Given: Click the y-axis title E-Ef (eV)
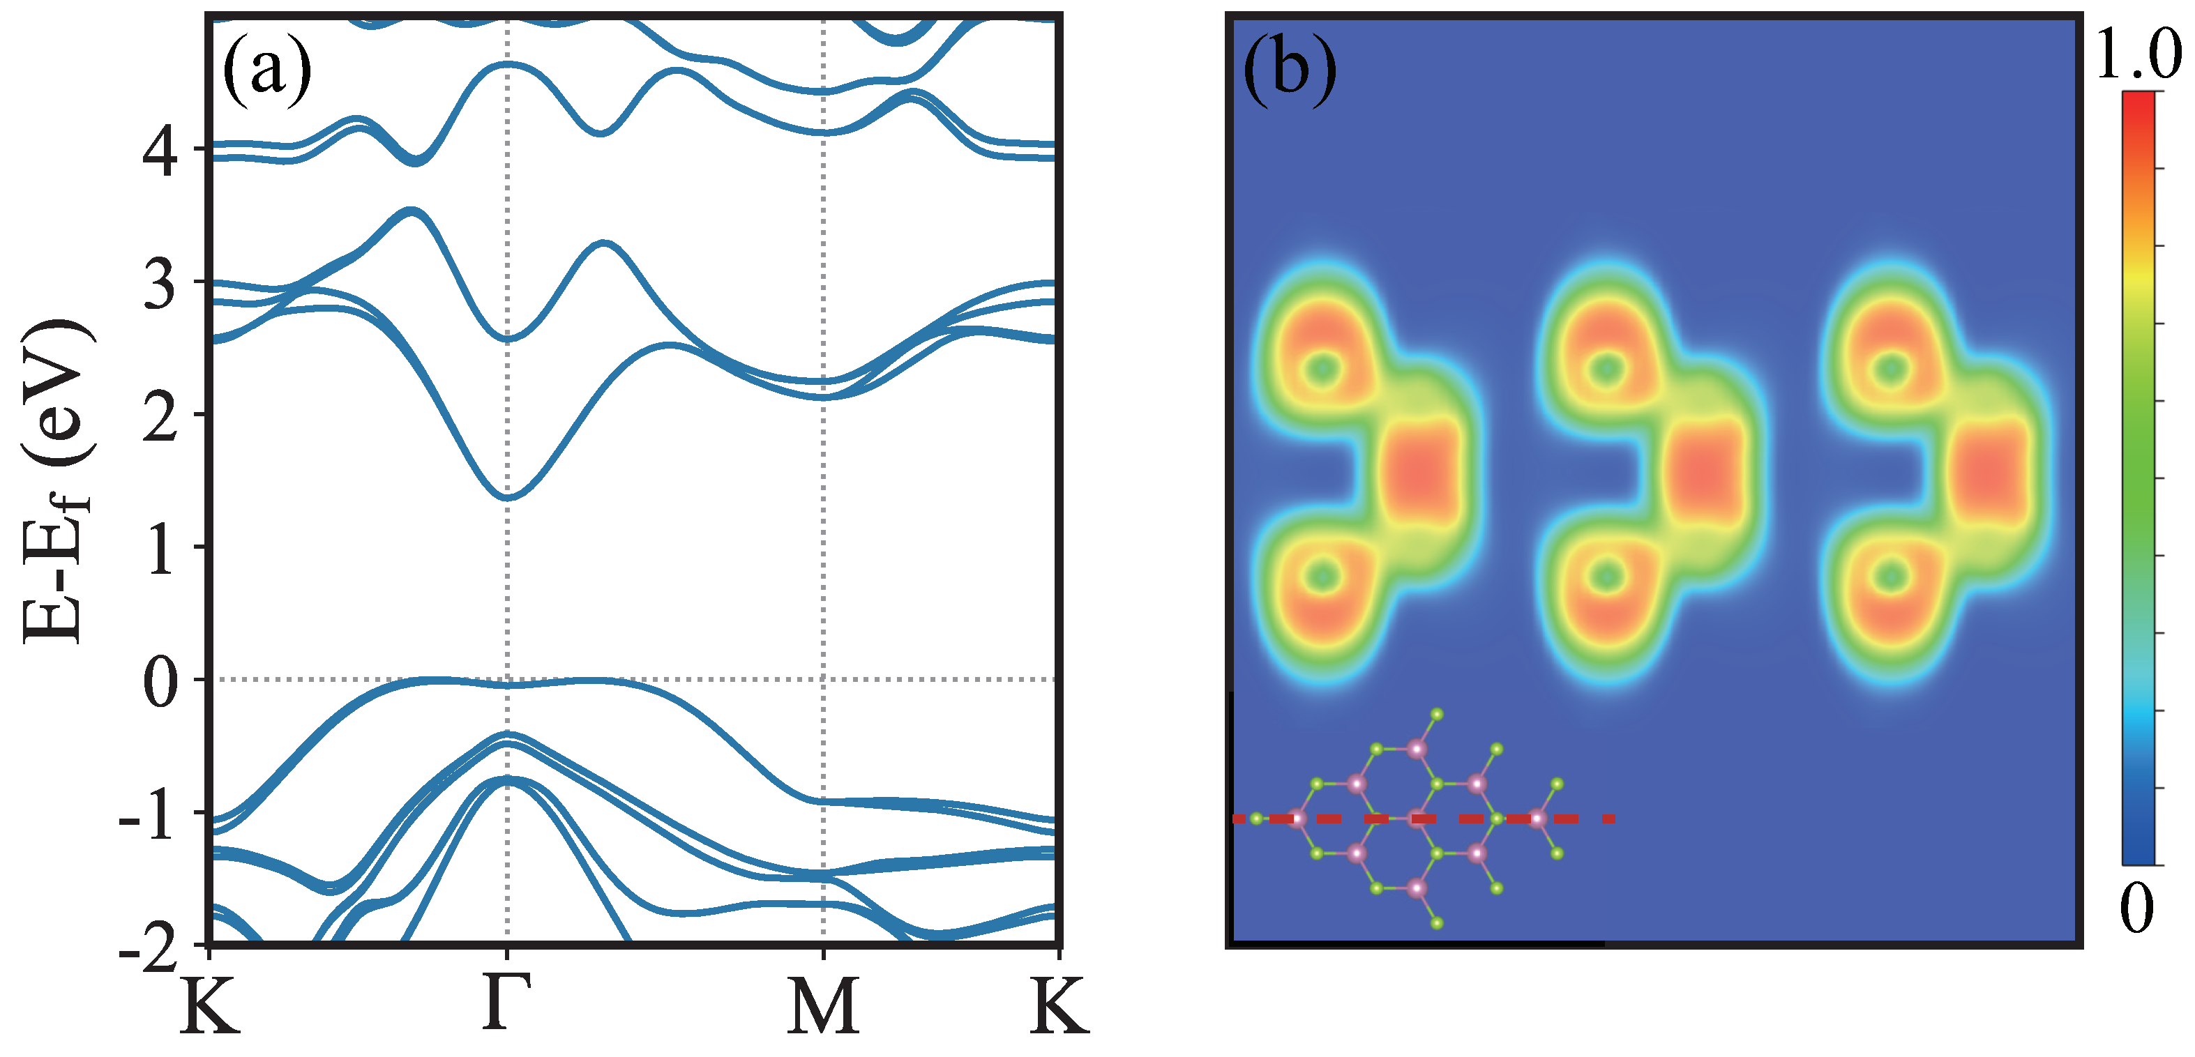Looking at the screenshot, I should point(55,481).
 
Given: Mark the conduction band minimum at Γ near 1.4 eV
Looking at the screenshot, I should point(508,497).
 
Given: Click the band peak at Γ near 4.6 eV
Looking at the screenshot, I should point(508,64).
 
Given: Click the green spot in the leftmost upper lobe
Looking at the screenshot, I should point(1323,370).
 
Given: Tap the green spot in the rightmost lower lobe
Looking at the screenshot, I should point(1892,577).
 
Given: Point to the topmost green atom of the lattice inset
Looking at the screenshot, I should point(1437,714).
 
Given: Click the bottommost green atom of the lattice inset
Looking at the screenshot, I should point(1437,922).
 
